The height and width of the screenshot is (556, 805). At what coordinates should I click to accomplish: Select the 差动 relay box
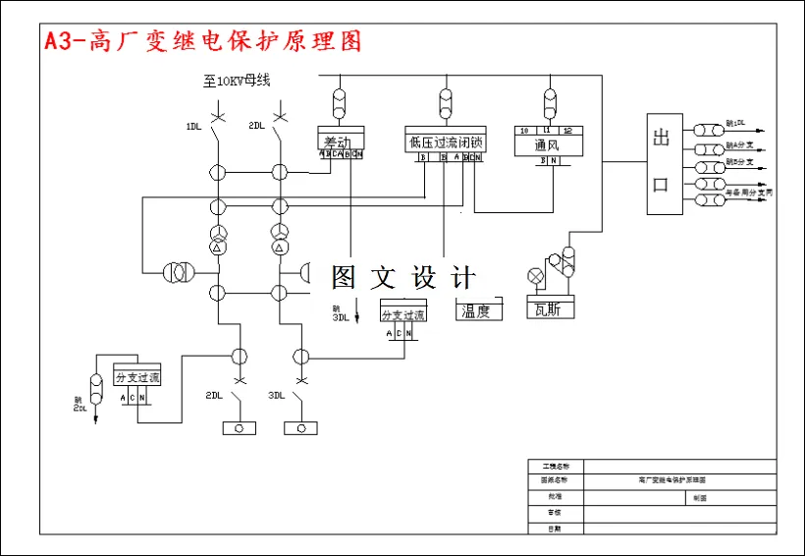coord(340,141)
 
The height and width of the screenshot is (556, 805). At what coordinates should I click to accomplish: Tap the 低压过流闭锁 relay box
coord(445,141)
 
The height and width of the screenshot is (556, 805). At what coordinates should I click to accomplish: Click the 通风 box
coord(549,143)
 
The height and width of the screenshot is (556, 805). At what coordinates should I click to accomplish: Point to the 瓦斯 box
coord(550,309)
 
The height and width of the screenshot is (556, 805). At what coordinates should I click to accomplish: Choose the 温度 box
coord(478,310)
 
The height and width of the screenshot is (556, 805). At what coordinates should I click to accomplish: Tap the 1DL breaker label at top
coord(194,126)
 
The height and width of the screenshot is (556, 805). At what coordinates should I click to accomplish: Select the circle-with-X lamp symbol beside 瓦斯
coord(536,275)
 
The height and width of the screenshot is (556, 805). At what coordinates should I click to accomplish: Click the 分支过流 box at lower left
coord(136,375)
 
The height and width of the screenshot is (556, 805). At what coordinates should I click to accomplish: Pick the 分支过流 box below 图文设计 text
coord(403,313)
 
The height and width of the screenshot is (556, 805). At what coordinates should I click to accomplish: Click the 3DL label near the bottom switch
coord(276,396)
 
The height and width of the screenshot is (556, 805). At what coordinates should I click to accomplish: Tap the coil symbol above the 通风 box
coord(549,102)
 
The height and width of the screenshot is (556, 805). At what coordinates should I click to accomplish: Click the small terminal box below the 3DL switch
coord(300,428)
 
